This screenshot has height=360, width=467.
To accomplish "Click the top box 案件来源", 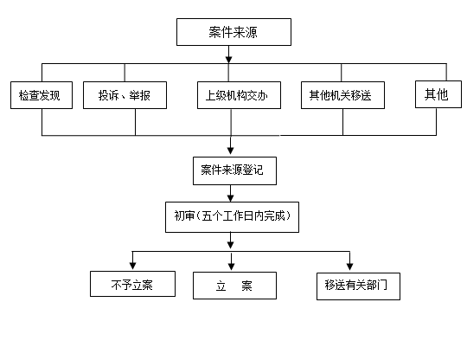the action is point(233,32).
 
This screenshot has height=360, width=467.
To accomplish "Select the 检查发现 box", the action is point(42,95).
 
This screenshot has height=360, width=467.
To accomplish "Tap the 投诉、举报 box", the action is point(125,95).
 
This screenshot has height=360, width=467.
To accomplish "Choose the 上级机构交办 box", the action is point(239,95).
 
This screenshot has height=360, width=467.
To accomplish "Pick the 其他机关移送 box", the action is point(342,95).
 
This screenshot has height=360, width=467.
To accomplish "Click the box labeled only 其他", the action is point(438,94).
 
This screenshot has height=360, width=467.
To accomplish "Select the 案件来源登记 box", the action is point(234,170).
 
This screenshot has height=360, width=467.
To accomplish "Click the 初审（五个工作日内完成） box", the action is point(232,217).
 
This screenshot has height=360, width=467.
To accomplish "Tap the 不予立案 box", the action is point(132,284).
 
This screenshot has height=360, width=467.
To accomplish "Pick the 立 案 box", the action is point(234,286).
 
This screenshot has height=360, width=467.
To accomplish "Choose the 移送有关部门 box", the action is point(358,286).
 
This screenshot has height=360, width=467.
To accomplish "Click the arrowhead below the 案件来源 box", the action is point(228,59).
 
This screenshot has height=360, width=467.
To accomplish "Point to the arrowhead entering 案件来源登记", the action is point(231,150).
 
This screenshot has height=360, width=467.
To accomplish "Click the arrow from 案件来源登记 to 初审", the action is point(231,193).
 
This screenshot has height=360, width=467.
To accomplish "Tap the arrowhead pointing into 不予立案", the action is point(133,266).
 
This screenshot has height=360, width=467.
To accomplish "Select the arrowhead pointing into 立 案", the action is point(232,267).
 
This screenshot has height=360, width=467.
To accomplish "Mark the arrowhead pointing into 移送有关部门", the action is point(350,267).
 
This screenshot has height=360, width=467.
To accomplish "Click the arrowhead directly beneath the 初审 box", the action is point(231,244).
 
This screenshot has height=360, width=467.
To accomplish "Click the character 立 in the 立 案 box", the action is point(221,286).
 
